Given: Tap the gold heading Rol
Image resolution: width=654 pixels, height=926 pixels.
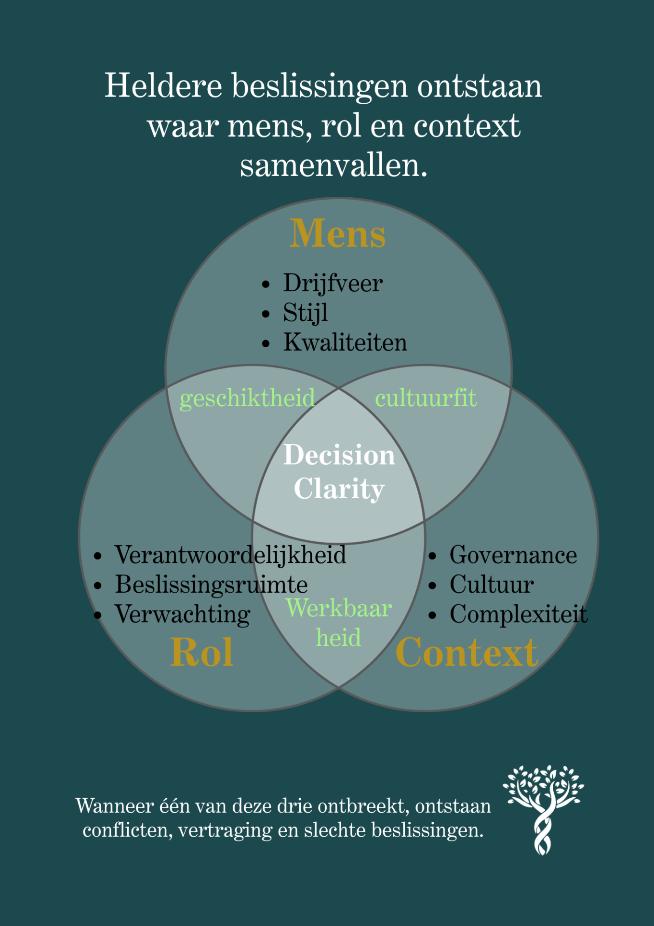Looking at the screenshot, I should click(x=202, y=653).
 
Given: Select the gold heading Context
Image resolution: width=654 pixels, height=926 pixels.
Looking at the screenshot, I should click(x=467, y=653).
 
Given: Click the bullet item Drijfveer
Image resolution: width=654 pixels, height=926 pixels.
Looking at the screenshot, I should click(x=333, y=283).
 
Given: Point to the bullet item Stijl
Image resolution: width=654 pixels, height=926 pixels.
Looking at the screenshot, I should click(x=305, y=313).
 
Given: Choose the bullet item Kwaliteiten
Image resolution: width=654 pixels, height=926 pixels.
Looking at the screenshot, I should click(x=345, y=342).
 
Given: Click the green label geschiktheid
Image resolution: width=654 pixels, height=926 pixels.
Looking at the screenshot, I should click(x=247, y=398).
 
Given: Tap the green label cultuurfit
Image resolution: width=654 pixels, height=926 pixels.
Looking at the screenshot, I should click(x=426, y=398).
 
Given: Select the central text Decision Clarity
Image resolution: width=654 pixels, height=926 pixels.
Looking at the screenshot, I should click(x=339, y=472).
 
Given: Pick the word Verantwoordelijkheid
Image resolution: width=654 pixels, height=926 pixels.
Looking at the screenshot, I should click(x=230, y=555).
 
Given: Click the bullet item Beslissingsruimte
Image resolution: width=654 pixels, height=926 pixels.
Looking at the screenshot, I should click(x=211, y=585).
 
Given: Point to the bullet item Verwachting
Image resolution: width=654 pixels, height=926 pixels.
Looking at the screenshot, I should click(x=183, y=614).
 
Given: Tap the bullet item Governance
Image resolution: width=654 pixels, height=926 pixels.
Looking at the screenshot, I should click(x=513, y=555).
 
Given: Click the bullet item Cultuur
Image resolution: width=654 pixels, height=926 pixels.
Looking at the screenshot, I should click(x=492, y=585).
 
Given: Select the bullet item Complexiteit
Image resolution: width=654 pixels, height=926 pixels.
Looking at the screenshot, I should click(x=519, y=614).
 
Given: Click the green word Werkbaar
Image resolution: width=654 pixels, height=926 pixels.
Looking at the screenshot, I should click(x=338, y=608).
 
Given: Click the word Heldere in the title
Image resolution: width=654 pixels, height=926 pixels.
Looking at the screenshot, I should click(x=163, y=86).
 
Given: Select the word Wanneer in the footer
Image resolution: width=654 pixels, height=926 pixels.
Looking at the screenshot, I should click(x=112, y=806).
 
